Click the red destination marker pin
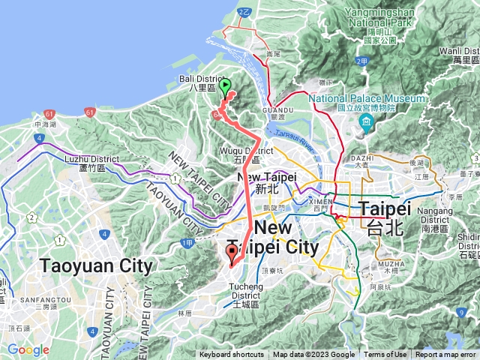[232, 253]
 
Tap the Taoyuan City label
[97, 266]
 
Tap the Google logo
[28, 350]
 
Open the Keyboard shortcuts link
[232, 355]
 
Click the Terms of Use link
[385, 355]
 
